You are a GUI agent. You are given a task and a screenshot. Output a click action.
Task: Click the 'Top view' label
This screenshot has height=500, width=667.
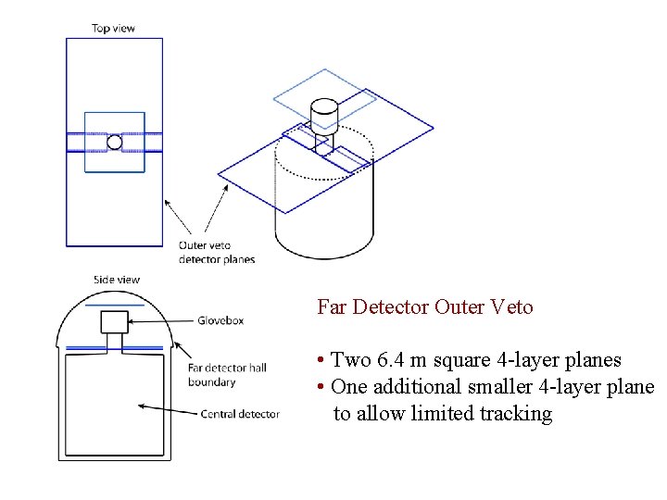coord(113,28)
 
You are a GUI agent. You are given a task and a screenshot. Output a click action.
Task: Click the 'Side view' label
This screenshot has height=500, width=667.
coord(117,280)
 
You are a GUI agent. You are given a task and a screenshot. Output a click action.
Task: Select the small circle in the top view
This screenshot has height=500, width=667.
coord(114,142)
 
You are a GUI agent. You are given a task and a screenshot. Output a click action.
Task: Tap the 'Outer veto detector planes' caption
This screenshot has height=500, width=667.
coord(217,252)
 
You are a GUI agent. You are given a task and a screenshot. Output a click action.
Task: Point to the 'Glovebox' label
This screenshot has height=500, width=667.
coord(220,320)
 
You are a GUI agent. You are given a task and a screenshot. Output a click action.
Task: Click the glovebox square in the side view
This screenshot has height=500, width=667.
coord(114,322)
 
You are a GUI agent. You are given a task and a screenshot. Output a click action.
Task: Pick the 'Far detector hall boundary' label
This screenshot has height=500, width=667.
coord(226,375)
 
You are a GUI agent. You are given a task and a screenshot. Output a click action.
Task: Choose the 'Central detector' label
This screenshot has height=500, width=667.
coord(240,414)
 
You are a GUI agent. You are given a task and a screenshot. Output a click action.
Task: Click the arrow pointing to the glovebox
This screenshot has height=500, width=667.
coord(159,321)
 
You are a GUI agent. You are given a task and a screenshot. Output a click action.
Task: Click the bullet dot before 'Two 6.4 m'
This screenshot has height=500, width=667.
coord(319,360)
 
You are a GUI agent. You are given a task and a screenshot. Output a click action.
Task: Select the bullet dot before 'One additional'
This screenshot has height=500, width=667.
coord(319,387)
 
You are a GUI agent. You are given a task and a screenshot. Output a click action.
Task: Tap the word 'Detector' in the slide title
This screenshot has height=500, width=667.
coord(389,306)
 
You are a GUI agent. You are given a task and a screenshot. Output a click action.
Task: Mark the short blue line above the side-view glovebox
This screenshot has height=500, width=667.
coord(114,304)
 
